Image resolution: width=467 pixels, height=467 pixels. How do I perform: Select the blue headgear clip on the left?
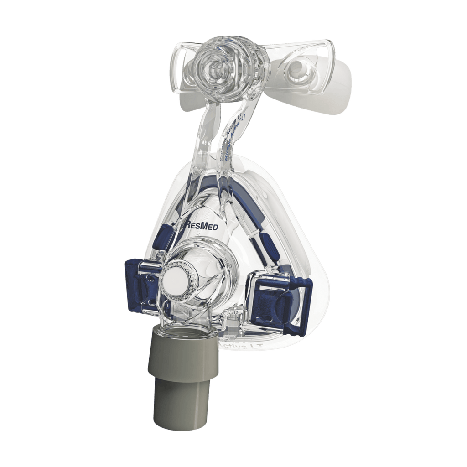click(x=140, y=283)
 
